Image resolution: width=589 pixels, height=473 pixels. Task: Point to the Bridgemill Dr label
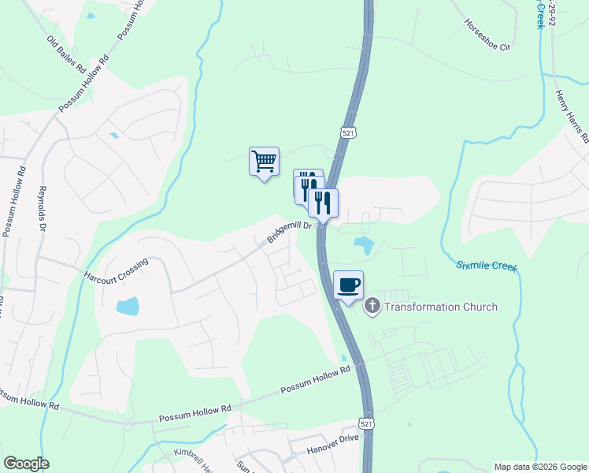tap(290, 232)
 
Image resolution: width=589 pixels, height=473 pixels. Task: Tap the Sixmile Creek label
tap(487, 266)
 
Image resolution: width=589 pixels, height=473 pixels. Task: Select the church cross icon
tap(372, 307)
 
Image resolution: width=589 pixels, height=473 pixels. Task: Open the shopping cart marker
tap(265, 162)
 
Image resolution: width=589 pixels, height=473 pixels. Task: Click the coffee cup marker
tap(348, 285)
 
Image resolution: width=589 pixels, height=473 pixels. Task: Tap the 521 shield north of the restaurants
tap(348, 133)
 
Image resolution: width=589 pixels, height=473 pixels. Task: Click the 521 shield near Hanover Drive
tap(367, 423)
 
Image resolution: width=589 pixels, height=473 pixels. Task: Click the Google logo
tap(25, 464)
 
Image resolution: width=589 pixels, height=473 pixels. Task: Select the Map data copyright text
tap(539, 467)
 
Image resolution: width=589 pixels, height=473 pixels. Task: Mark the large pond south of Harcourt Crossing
tap(128, 306)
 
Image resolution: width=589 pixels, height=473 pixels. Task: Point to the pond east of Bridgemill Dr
tap(364, 245)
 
